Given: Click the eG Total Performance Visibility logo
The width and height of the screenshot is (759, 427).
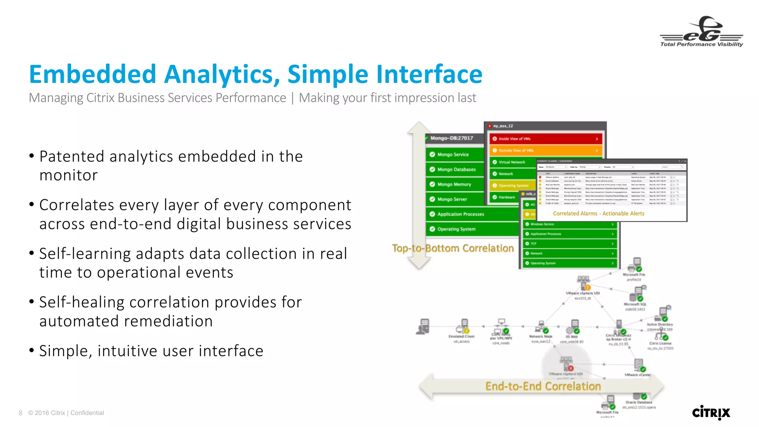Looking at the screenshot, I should pos(701,32).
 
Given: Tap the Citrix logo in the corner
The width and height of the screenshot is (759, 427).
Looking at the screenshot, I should pos(711,412).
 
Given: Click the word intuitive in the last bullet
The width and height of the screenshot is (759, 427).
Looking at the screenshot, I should pos(143,351).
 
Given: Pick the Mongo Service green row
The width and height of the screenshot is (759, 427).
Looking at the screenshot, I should pos(455,155).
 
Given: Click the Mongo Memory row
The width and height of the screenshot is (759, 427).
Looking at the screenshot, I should pos(455,184).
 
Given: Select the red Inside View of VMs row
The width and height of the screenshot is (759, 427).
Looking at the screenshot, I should pos(545,139).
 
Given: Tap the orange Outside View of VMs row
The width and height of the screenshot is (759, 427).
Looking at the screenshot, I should pos(545,150).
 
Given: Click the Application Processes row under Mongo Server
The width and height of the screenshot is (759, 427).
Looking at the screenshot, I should pos(471,214).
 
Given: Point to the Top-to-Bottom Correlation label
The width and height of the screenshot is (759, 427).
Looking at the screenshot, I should pos(453,248).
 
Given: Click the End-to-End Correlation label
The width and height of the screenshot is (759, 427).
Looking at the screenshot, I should pos(543,386).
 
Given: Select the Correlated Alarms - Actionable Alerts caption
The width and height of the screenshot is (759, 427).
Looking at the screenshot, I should pos(598,213).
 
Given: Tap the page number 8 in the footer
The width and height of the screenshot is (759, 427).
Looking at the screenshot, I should pos(20,413).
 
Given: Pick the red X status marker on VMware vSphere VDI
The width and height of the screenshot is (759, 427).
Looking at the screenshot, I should pos(571,368).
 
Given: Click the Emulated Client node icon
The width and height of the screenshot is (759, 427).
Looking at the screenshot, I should pos(463,326).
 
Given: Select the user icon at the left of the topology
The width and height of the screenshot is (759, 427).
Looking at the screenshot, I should pos(423,327).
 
